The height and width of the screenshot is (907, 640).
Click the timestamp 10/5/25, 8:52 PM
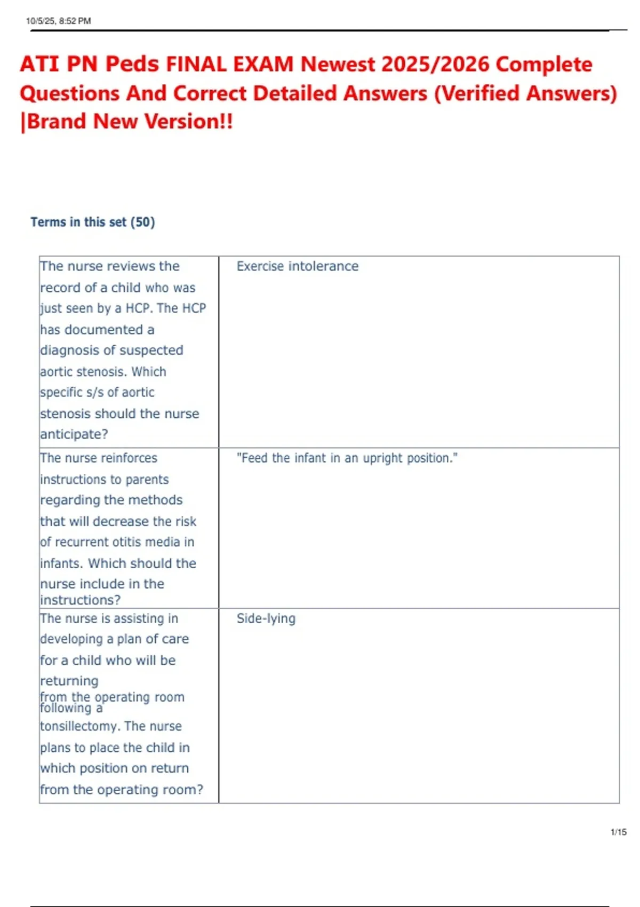click(x=58, y=21)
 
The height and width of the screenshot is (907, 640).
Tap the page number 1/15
click(x=619, y=832)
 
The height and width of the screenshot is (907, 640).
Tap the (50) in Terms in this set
click(x=142, y=222)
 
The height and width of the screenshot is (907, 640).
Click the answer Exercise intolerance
click(x=297, y=266)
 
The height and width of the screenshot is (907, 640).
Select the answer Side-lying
click(x=266, y=618)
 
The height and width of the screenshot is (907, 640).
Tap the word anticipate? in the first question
click(x=74, y=434)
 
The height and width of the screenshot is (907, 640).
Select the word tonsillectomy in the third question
click(x=79, y=726)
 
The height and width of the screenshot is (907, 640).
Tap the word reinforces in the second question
click(x=129, y=458)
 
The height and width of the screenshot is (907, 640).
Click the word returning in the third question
click(x=69, y=681)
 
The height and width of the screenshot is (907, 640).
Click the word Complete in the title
click(x=543, y=64)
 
